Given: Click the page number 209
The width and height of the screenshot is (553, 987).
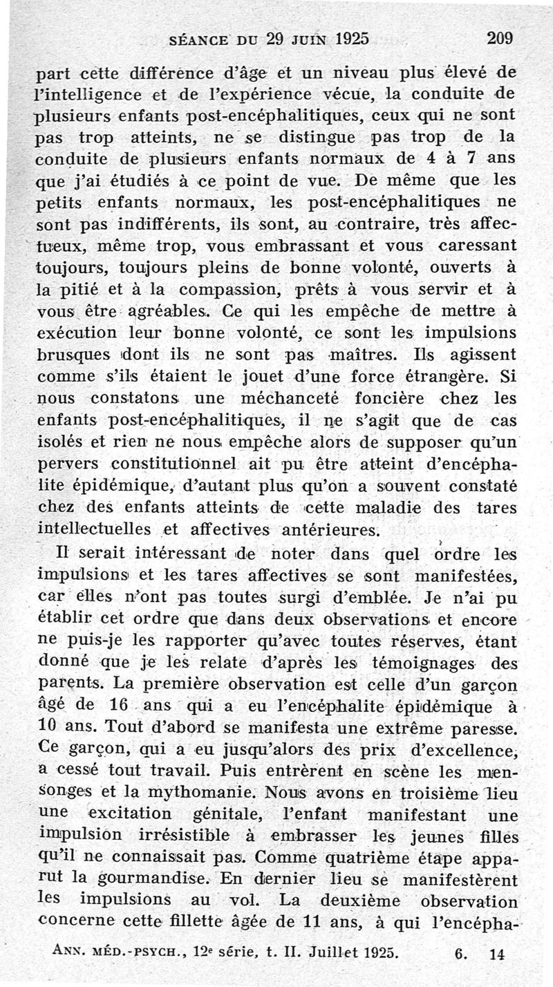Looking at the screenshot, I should (x=499, y=39).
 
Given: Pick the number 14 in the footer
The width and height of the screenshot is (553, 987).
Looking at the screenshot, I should (x=496, y=955).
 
